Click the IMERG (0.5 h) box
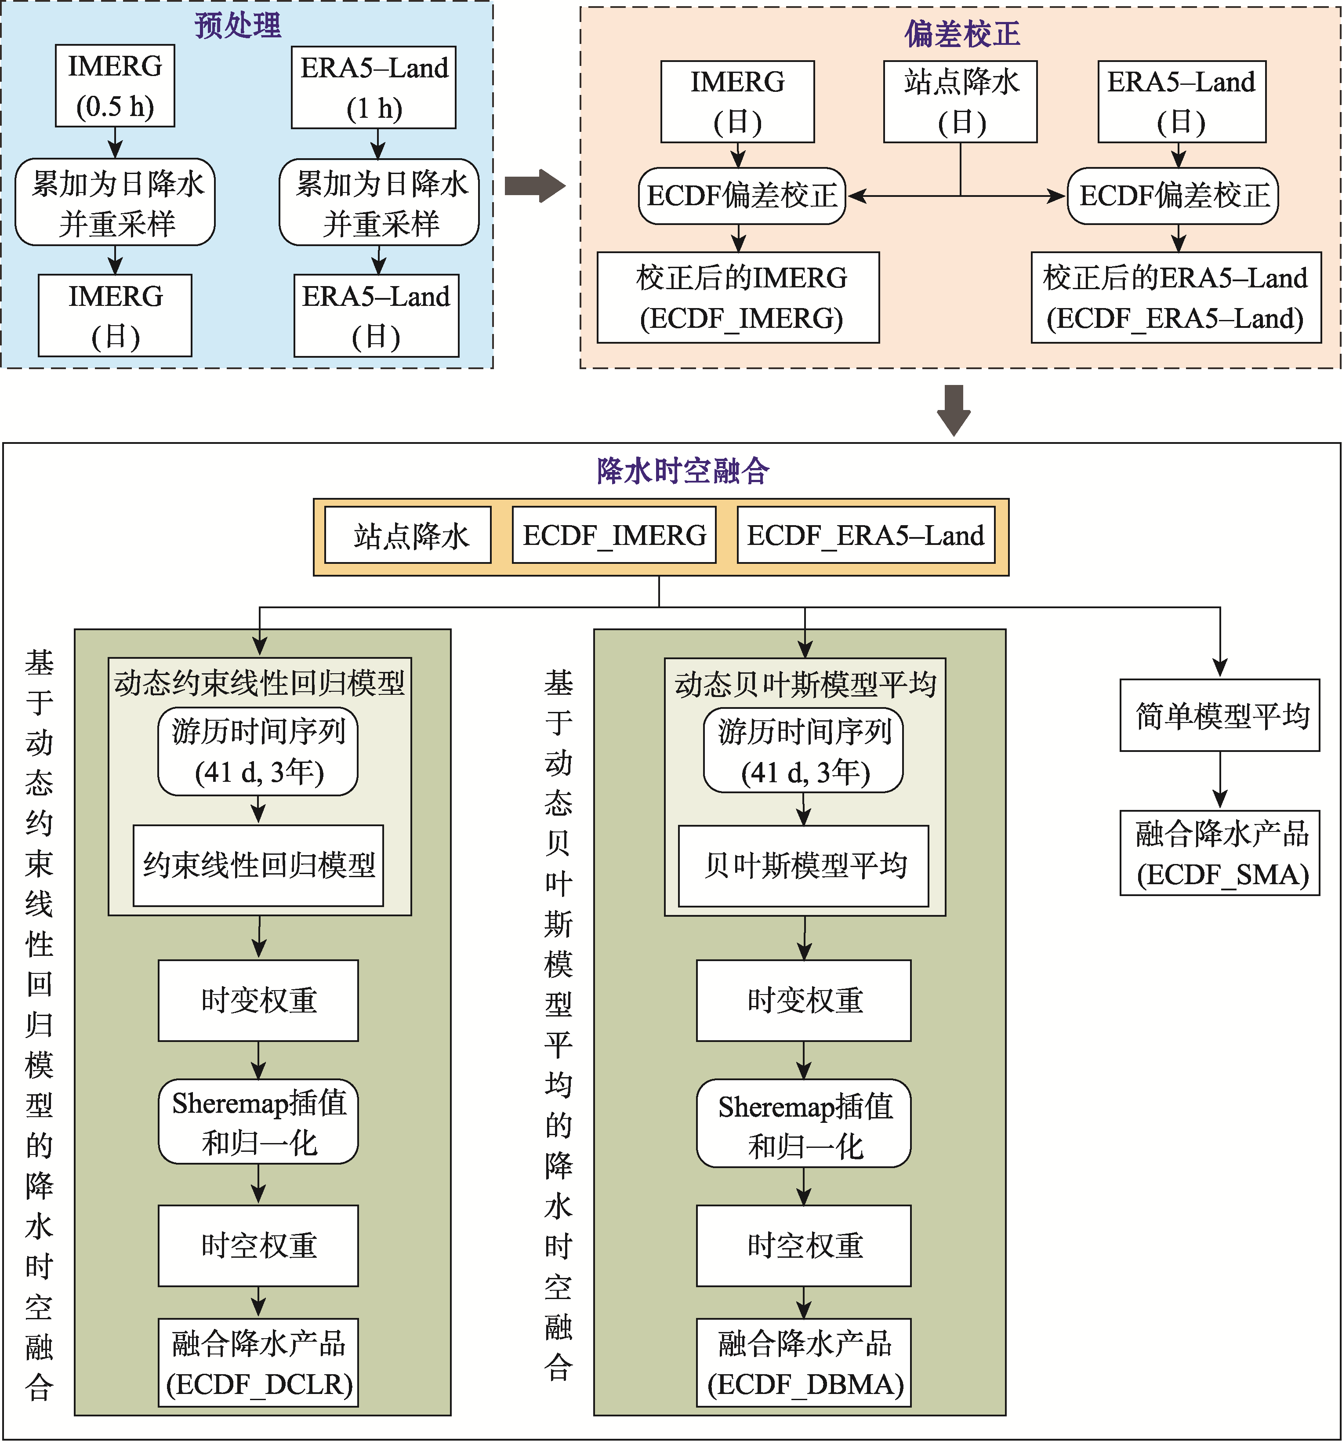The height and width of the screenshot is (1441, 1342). click(115, 86)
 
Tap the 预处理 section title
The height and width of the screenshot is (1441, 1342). click(238, 25)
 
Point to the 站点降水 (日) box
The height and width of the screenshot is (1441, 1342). click(960, 102)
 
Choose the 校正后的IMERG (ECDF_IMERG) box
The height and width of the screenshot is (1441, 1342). click(738, 297)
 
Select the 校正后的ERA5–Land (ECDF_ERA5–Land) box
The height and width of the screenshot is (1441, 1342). click(1176, 297)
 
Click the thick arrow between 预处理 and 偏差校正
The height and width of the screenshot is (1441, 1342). click(535, 186)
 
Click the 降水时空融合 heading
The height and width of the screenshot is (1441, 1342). click(682, 471)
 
